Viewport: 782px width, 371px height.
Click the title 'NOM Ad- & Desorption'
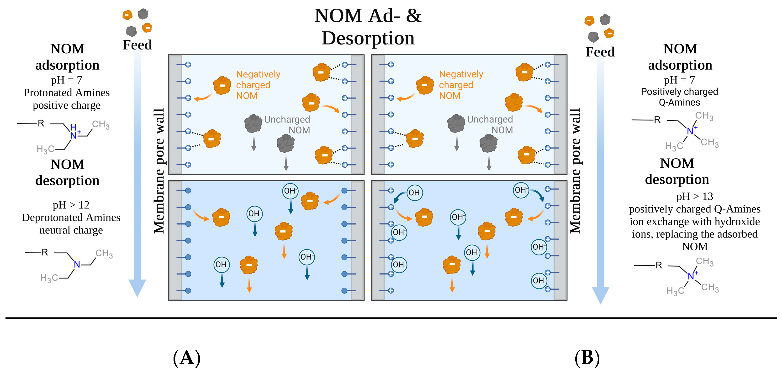click(368, 27)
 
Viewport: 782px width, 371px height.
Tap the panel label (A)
click(187, 358)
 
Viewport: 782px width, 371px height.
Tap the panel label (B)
click(587, 358)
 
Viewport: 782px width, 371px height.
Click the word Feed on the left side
click(137, 45)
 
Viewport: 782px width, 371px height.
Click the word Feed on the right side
click(600, 52)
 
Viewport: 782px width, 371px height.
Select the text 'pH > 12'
click(71, 205)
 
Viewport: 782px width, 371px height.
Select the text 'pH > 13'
click(695, 196)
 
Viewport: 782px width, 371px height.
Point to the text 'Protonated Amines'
click(67, 92)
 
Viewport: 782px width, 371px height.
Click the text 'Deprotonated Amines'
click(71, 217)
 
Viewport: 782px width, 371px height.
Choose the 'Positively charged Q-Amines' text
click(679, 97)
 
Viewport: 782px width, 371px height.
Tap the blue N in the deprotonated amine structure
click(77, 265)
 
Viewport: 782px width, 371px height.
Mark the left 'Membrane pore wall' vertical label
click(159, 171)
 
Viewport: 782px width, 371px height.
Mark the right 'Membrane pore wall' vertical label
click(575, 171)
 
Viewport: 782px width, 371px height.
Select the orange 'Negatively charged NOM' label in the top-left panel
click(258, 85)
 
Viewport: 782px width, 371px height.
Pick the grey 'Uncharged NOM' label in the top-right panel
click(490, 125)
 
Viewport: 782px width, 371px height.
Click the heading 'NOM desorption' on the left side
click(67, 172)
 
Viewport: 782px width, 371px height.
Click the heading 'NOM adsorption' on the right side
click(680, 57)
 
